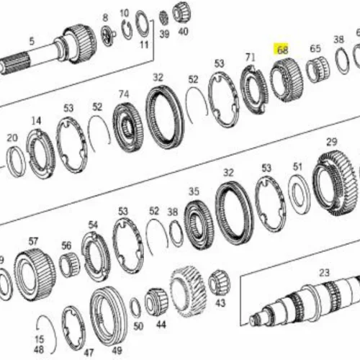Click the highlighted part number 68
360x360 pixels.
(x=282, y=50)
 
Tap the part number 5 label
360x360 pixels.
(x=32, y=41)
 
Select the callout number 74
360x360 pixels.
(x=124, y=94)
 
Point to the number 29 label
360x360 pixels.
(x=331, y=142)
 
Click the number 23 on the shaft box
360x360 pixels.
(x=324, y=273)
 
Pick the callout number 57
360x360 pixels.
(x=33, y=241)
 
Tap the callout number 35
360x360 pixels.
(x=194, y=192)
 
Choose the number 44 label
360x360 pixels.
(x=161, y=325)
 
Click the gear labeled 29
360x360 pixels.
(x=335, y=183)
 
